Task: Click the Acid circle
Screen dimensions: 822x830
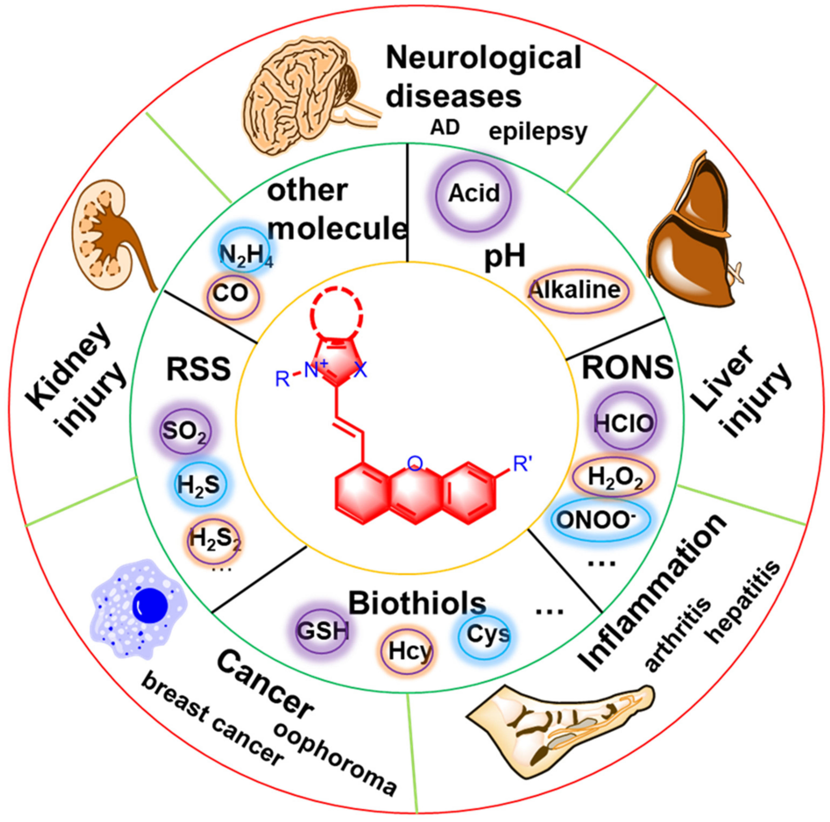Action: (474, 194)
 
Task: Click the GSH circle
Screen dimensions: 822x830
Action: (322, 632)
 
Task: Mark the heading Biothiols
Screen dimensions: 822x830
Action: (417, 603)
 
